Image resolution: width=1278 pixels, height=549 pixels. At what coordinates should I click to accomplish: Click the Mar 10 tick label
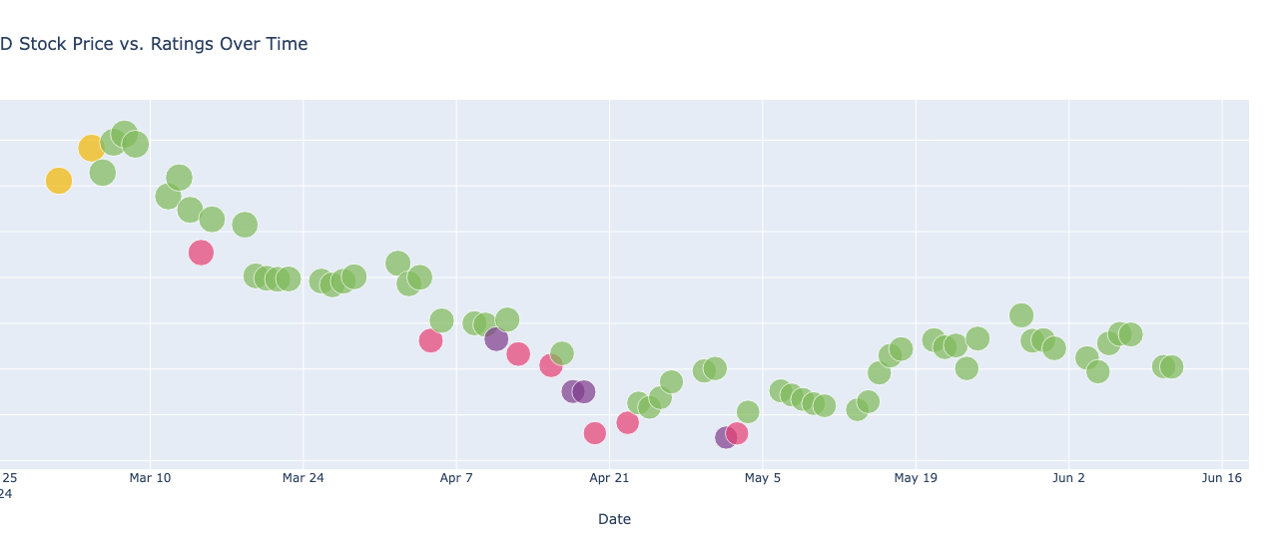point(150,478)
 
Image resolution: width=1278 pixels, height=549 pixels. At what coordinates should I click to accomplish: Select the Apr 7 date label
point(456,478)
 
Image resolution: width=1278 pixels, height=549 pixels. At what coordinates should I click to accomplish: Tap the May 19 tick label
point(916,478)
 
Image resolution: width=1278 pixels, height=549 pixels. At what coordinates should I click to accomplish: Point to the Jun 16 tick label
point(1221,478)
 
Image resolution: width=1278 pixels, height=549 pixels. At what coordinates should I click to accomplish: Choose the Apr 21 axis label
point(609,478)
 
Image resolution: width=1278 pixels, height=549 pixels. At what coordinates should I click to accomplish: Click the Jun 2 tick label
point(1068,478)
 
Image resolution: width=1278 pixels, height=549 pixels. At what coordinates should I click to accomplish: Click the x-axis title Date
point(614,519)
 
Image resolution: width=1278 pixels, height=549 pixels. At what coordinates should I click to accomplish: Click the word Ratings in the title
point(184,44)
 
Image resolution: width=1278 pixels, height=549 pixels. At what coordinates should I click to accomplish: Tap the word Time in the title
point(286,44)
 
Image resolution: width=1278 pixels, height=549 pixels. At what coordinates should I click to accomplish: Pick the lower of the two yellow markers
point(59,181)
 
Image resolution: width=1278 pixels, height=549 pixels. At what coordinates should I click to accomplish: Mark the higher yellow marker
point(91,148)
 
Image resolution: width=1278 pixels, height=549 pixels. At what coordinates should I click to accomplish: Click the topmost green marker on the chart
point(124,134)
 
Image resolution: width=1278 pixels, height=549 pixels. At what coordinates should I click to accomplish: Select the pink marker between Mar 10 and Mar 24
point(201,253)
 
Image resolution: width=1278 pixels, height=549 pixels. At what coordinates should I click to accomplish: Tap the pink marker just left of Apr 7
point(430,340)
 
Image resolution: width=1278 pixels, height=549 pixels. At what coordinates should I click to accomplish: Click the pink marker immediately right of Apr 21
point(627,422)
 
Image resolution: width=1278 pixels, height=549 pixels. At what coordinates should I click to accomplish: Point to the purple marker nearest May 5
point(726,437)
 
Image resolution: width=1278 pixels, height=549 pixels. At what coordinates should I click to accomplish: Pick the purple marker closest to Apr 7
point(496,339)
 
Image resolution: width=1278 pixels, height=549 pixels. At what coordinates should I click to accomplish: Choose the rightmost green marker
point(1171,366)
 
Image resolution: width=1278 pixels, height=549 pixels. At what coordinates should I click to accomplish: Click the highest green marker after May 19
point(1020,315)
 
